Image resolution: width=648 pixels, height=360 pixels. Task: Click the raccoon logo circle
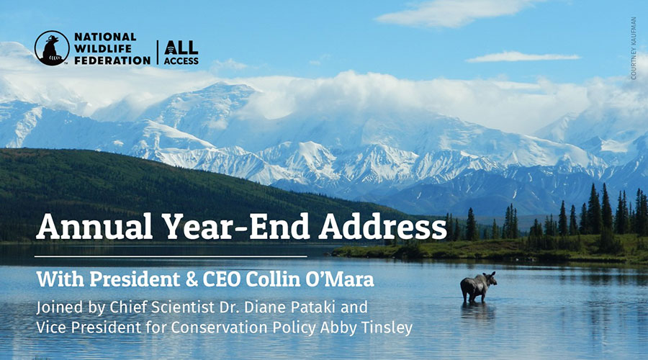(x=52, y=48)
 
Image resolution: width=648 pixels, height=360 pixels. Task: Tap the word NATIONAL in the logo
(x=106, y=37)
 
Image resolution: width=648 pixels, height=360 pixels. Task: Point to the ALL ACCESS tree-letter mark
(x=181, y=53)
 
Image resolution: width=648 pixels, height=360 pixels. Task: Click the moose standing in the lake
(x=478, y=287)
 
